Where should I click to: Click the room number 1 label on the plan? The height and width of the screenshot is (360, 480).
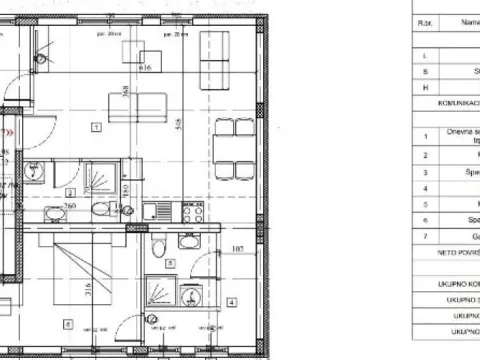point(94,127)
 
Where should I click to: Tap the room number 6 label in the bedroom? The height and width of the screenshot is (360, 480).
point(66,323)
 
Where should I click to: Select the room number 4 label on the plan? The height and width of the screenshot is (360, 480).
point(231,301)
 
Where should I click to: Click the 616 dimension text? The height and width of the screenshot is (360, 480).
point(145,68)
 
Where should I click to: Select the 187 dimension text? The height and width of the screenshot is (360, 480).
point(238,249)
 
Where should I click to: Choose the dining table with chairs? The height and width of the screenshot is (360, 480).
point(227,149)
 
